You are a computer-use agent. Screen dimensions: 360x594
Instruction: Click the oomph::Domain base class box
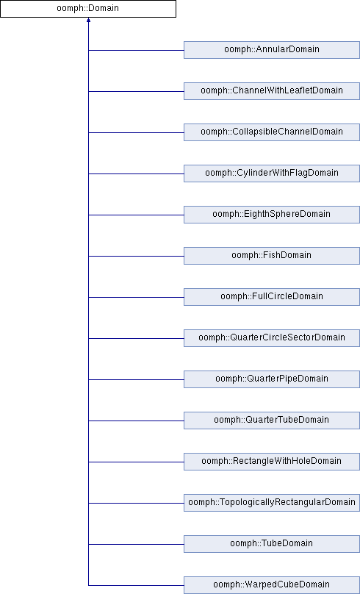[x=88, y=8]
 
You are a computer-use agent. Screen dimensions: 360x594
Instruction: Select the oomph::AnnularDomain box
[x=271, y=50]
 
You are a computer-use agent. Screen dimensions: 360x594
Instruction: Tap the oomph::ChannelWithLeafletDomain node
[x=271, y=91]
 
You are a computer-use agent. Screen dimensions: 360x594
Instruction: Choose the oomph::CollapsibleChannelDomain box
[x=271, y=132]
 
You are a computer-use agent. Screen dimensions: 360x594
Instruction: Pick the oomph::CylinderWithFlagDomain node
[x=271, y=173]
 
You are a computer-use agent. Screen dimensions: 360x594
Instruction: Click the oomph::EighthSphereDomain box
[x=271, y=215]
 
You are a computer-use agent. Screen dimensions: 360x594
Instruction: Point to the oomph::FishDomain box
[x=271, y=256]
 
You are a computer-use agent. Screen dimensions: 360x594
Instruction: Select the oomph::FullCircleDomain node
[x=271, y=297]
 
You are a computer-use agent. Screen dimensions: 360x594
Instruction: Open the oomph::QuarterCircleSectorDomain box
[x=271, y=338]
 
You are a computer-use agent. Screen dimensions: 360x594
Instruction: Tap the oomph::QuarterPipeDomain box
[x=271, y=379]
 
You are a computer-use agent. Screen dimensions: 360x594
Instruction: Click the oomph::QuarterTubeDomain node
[x=271, y=421]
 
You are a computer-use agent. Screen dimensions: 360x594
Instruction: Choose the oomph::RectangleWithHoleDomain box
[x=271, y=462]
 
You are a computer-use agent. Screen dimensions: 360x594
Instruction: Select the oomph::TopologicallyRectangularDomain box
[x=271, y=503]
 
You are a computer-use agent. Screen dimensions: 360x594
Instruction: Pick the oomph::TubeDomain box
[x=271, y=544]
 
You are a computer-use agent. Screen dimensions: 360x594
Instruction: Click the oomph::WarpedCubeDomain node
[x=271, y=585]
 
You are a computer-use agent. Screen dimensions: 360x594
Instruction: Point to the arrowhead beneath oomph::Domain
[x=89, y=20]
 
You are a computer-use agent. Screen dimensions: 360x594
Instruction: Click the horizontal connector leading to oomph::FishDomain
[x=136, y=256]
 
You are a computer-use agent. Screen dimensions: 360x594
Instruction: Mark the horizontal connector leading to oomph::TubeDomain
[x=136, y=544]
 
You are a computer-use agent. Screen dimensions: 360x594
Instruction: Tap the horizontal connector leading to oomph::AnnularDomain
[x=136, y=50]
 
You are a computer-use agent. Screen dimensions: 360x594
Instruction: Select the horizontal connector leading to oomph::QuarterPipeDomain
[x=136, y=379]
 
